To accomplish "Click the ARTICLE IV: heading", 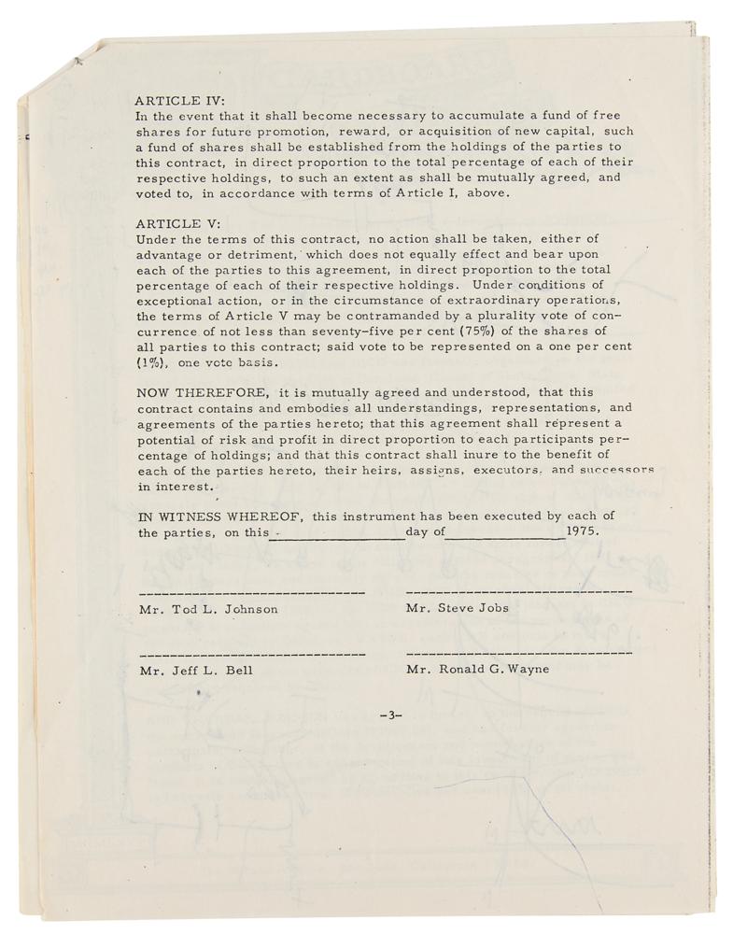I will pyautogui.click(x=180, y=101).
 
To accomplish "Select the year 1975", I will pyautogui.click(x=583, y=531).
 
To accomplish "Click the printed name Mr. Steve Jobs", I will pyautogui.click(x=458, y=607).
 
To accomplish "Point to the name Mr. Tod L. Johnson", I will pyautogui.click(x=208, y=609).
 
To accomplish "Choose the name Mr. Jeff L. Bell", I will pyautogui.click(x=195, y=670).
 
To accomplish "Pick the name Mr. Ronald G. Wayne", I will pyautogui.click(x=477, y=669).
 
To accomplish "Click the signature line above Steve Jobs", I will pyautogui.click(x=519, y=592).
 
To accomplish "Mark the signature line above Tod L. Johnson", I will pyautogui.click(x=252, y=593).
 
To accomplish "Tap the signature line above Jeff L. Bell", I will pyautogui.click(x=252, y=654).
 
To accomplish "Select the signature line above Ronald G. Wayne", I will pyautogui.click(x=519, y=653).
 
